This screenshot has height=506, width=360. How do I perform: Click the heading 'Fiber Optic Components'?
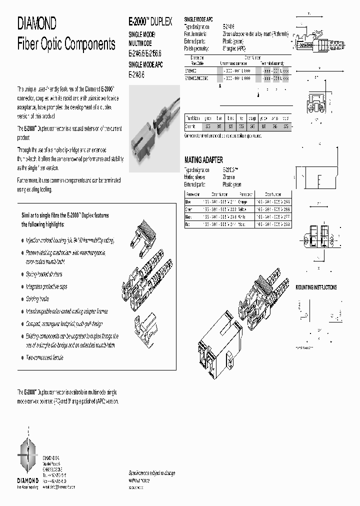66,44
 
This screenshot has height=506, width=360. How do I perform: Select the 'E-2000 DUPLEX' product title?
150,22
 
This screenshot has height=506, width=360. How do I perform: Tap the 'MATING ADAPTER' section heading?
203,160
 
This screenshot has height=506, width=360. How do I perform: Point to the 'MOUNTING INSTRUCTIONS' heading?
316,287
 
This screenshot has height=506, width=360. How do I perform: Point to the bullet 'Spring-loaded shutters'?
45,274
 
